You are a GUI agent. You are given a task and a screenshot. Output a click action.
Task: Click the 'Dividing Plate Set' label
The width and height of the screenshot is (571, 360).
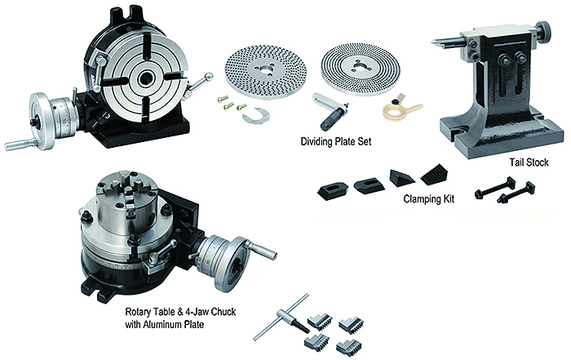pyautogui.click(x=336, y=141)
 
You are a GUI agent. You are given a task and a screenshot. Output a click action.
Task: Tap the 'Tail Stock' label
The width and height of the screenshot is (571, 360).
pyautogui.click(x=529, y=162)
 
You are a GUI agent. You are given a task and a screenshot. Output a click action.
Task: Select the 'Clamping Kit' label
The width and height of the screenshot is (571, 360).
pyautogui.click(x=429, y=199)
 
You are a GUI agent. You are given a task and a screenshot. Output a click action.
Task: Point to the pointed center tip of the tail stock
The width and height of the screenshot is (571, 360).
pyautogui.click(x=433, y=42)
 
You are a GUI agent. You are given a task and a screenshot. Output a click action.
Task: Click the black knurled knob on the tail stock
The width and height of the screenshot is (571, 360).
pyautogui.click(x=544, y=33)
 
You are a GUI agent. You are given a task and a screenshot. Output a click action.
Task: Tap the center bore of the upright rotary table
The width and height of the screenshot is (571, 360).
pyautogui.click(x=147, y=78)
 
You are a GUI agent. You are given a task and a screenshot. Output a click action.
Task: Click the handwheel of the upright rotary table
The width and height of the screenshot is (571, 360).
pyautogui.click(x=41, y=122)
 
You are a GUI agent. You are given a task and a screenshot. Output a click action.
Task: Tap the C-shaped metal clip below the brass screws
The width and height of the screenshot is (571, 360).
pyautogui.click(x=256, y=115)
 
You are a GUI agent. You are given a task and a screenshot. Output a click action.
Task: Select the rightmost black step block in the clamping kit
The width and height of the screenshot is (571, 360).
pyautogui.click(x=434, y=175)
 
